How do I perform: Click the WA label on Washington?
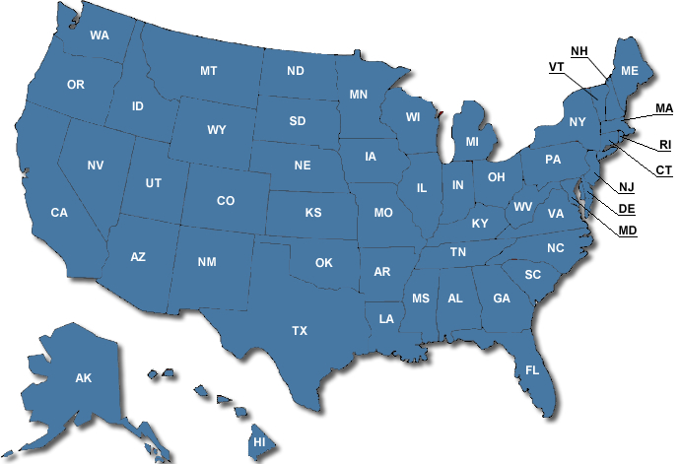[x=100, y=35]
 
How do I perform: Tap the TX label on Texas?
[x=300, y=331]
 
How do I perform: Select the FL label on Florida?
[x=532, y=370]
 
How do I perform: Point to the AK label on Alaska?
[x=84, y=377]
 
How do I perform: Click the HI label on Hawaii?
[x=260, y=442]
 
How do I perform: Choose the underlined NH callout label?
[x=578, y=50]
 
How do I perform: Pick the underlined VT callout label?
[x=557, y=67]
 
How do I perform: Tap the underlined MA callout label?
[x=663, y=108]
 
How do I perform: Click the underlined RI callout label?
[x=664, y=145]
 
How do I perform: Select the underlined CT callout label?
[x=663, y=170]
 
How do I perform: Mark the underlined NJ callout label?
[x=627, y=188]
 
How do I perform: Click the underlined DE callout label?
[x=627, y=209]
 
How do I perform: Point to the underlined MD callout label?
[x=627, y=232]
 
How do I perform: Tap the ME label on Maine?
[x=630, y=71]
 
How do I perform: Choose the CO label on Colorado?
[x=226, y=201]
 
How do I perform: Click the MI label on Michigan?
[x=472, y=142]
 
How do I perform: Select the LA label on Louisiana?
[x=386, y=318]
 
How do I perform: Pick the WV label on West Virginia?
[x=522, y=207]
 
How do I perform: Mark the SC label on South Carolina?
[x=533, y=274]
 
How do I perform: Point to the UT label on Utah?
[x=154, y=183]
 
